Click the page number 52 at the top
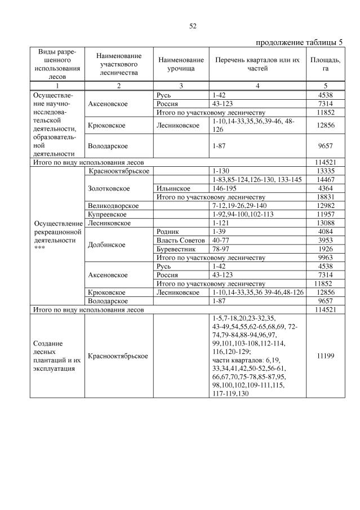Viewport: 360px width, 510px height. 192,26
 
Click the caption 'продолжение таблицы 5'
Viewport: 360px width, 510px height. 299,42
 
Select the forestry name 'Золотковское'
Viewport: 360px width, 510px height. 109,188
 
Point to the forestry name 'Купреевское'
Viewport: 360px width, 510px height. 108,214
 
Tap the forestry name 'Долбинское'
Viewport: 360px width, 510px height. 107,245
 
